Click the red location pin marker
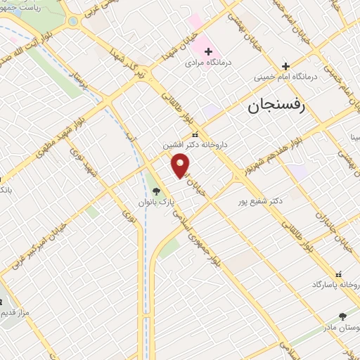coord(181,165)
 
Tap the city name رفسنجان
coord(275,107)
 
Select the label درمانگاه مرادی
coord(208,63)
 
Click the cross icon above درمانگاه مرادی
coord(209,51)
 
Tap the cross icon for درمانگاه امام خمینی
coord(285,66)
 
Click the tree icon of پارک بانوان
coord(156,191)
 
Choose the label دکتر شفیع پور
coord(260,200)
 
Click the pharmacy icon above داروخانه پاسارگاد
coord(339,274)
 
